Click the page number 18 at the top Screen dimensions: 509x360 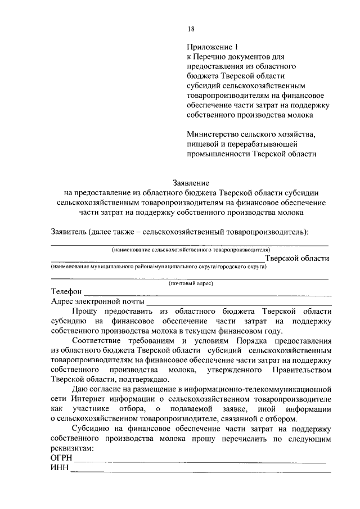click(191, 30)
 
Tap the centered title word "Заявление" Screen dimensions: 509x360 click(191, 182)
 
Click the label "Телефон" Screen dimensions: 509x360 click(66, 292)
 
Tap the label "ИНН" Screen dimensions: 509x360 click(58, 470)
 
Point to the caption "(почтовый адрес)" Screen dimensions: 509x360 click(190, 284)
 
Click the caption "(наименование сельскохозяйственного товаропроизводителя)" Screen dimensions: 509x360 click(190, 249)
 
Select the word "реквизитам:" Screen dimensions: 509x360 click(70, 449)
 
